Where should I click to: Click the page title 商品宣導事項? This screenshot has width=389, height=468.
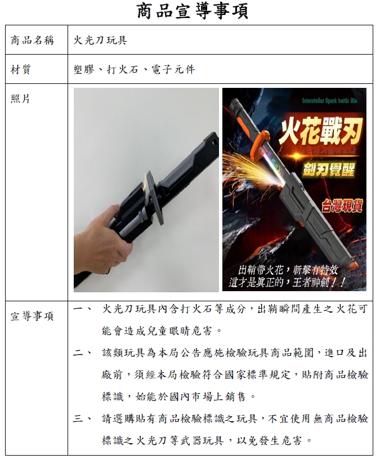coord(193,11)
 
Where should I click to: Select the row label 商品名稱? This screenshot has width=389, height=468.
coord(33,40)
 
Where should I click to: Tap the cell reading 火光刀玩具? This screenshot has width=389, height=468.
coord(101,40)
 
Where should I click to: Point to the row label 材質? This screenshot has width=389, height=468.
coord(21,69)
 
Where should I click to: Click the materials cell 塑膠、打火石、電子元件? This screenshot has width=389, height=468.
coord(135,69)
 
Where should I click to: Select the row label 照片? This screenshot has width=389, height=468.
coord(21,99)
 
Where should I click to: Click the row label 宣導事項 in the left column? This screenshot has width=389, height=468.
coord(32,316)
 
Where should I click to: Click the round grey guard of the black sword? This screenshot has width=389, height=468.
coord(154,198)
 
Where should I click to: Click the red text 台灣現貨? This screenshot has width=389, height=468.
coord(342,206)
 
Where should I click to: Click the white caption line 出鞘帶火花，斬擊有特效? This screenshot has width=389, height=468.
coord(288,270)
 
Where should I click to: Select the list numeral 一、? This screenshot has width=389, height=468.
coord(83,309)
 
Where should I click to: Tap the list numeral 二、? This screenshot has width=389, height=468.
coord(83,353)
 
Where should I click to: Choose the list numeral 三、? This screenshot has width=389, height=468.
coord(83,418)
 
